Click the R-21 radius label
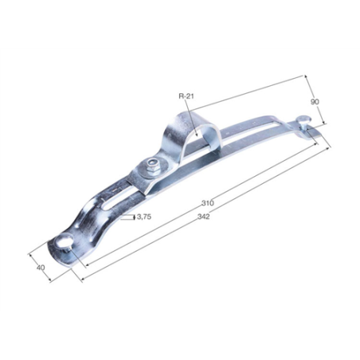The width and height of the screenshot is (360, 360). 186,96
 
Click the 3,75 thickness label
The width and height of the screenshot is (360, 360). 145,216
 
